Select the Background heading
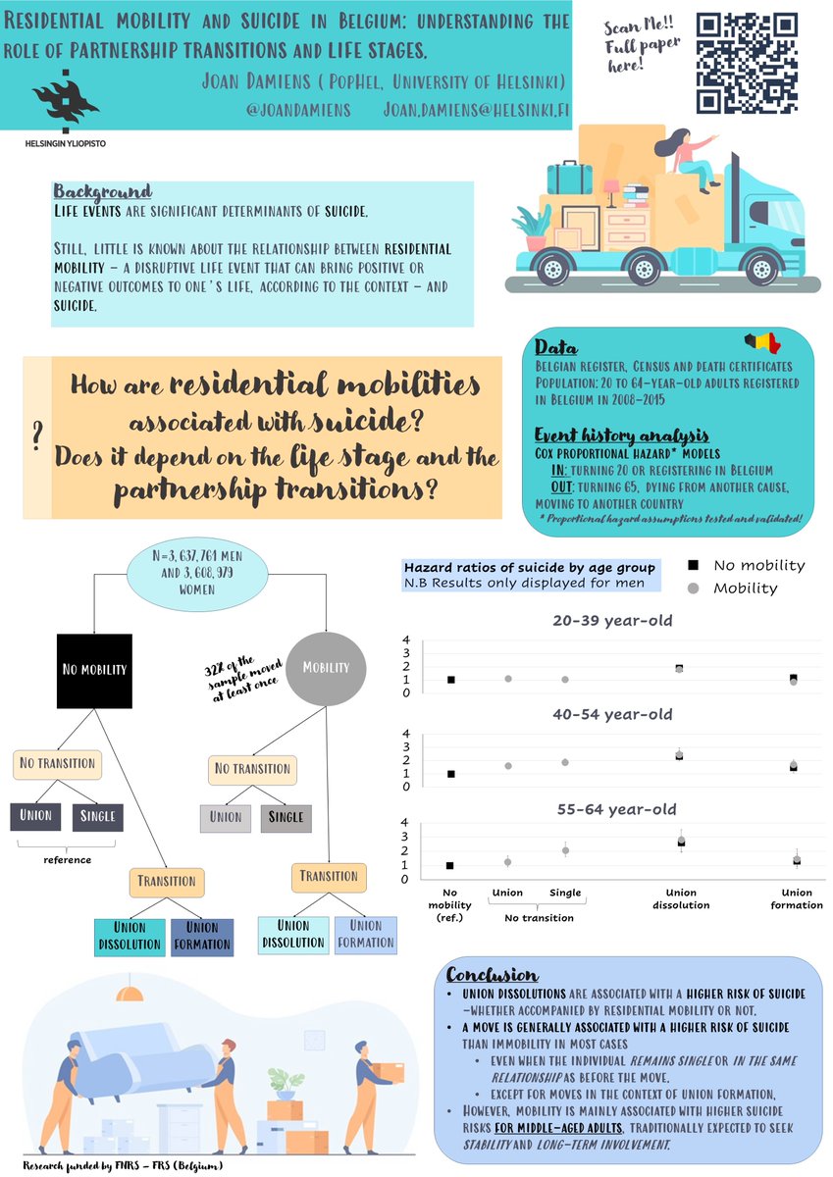click(x=102, y=191)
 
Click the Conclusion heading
click(x=492, y=975)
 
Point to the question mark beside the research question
click(x=36, y=435)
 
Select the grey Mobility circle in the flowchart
click(x=326, y=667)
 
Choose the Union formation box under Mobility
click(x=365, y=934)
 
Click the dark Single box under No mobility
click(x=97, y=816)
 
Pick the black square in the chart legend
click(x=693, y=565)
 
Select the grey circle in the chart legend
click(x=693, y=588)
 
